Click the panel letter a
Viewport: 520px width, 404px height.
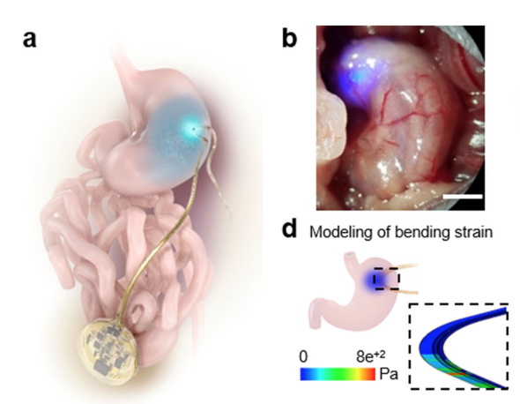pos(29,40)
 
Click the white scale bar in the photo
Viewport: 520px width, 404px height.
pos(463,197)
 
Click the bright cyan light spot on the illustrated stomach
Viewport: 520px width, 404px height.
pos(190,128)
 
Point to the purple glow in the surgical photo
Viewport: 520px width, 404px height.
pos(356,75)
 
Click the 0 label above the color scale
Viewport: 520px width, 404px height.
pos(303,356)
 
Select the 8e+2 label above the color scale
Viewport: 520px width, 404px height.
pos(371,356)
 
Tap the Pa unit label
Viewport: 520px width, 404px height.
pos(389,374)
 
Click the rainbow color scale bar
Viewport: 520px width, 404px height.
pos(338,374)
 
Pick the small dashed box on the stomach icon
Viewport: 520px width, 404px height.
pos(386,278)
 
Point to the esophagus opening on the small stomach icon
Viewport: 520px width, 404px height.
pos(350,255)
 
